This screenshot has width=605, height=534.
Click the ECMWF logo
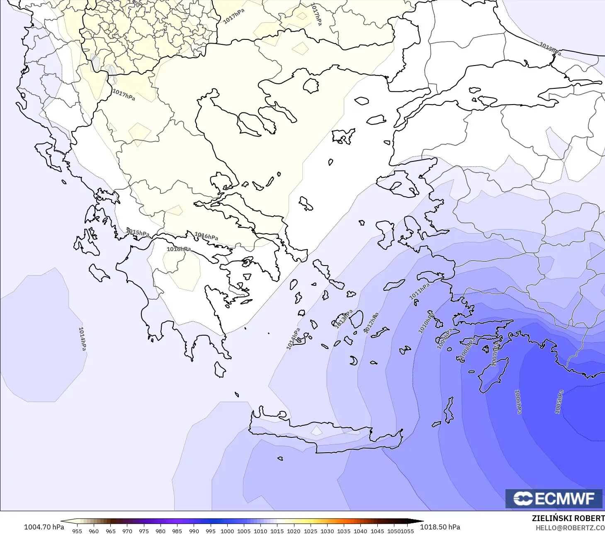coord(554,498)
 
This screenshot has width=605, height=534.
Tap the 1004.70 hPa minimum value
coord(44,527)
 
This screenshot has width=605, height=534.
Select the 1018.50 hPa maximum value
coord(440,527)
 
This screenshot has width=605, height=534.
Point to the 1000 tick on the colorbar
coord(227,531)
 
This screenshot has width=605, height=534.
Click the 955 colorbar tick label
coord(77,531)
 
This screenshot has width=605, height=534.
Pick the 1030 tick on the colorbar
coord(327,531)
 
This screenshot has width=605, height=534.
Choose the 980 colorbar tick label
coord(160,531)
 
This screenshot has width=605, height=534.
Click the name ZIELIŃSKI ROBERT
coord(568,518)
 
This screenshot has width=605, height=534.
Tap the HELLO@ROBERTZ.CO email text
coord(570,528)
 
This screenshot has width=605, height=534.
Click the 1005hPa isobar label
coord(559,402)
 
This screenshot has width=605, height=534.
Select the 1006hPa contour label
coord(518,401)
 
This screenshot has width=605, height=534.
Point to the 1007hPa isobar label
coord(495,354)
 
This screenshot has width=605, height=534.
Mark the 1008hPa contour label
coord(468,349)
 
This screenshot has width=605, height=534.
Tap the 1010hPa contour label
coord(426,323)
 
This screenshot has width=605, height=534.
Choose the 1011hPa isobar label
coord(419,291)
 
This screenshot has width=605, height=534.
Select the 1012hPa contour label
coord(371,323)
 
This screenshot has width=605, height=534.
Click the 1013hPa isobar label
coord(343,319)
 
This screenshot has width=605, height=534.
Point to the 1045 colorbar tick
coord(377,531)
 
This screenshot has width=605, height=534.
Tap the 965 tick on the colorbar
coord(110,531)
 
